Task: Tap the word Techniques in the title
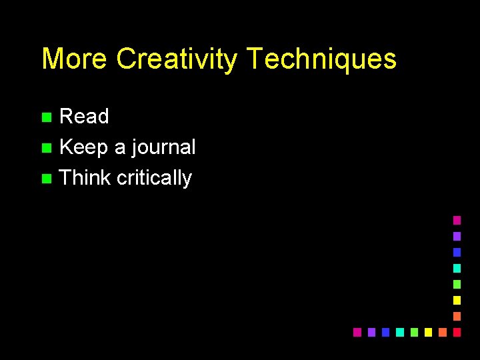point(321,59)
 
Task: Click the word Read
point(84,117)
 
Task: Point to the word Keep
point(83,147)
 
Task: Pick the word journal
point(164,147)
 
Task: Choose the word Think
point(85,178)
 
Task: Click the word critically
point(154,178)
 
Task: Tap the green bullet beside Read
point(45,117)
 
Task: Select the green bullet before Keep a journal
point(45,148)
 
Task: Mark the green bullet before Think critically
point(45,179)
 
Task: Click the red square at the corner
point(457,332)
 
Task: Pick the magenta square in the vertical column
point(457,220)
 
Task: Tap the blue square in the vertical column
point(457,252)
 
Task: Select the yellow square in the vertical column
point(457,300)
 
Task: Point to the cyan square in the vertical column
point(457,268)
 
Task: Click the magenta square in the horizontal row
point(357,332)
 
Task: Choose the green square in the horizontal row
point(414,332)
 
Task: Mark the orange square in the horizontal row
point(443,332)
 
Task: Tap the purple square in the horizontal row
point(371,332)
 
